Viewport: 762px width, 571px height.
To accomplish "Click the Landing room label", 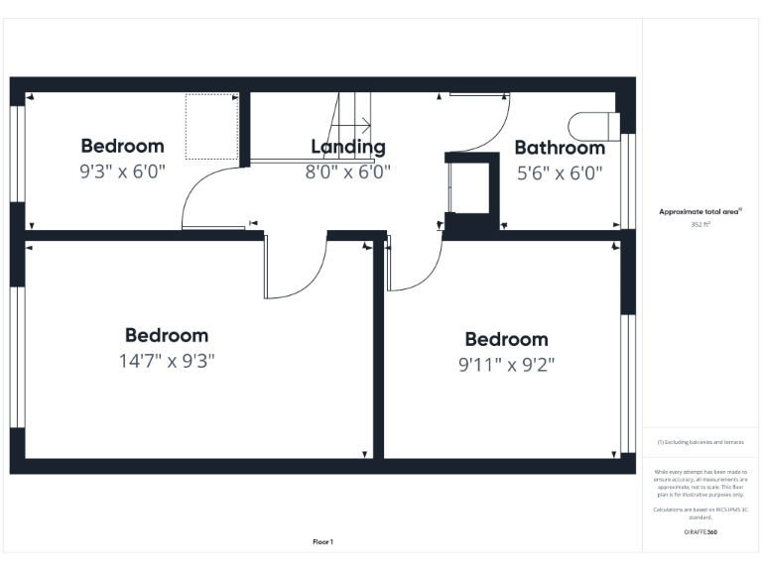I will (x=347, y=147).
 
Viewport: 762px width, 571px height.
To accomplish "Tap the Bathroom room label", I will (x=560, y=148).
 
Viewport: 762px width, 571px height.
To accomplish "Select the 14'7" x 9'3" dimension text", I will (x=167, y=361).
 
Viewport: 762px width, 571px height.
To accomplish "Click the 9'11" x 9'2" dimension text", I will (x=506, y=365).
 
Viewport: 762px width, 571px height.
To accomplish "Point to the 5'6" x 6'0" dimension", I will (x=560, y=171).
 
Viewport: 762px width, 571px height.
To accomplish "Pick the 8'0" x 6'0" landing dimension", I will (x=347, y=171).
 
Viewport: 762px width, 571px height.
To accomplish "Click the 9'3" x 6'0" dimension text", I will (x=123, y=171).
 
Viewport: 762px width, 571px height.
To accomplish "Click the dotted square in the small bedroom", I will (x=211, y=126).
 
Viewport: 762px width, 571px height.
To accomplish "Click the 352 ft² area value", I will (x=701, y=225).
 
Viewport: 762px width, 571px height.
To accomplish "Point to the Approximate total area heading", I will (x=700, y=211).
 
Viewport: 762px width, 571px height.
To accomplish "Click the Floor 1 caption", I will (x=322, y=542).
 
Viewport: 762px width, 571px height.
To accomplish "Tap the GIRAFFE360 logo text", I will (x=700, y=532).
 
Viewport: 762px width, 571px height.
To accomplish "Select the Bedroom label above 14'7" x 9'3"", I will (x=167, y=335).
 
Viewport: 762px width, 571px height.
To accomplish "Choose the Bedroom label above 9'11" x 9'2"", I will (x=506, y=339).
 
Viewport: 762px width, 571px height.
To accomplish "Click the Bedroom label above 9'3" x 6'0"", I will (x=123, y=147).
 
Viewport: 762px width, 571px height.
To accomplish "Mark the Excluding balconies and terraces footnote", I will (x=700, y=442).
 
